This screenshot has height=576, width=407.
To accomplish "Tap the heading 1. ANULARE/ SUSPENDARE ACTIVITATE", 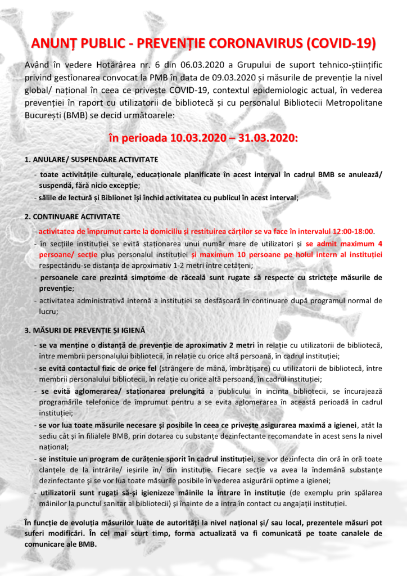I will click(x=91, y=159).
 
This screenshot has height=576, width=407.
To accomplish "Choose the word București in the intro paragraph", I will click(x=43, y=115).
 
